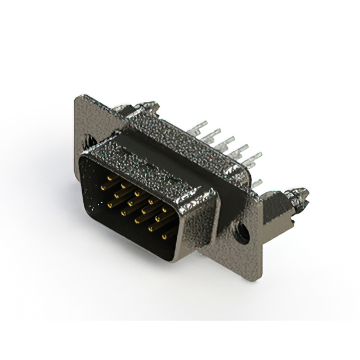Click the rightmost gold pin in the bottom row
click(x=165, y=236)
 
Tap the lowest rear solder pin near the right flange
click(x=256, y=183)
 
